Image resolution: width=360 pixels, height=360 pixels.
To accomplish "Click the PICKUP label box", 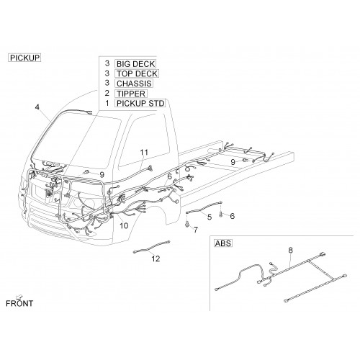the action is [24, 58].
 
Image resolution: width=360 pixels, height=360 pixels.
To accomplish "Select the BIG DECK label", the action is [135, 64].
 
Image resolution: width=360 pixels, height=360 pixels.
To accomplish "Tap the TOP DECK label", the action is [137, 73].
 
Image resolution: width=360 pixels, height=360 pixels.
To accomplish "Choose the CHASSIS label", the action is [134, 84].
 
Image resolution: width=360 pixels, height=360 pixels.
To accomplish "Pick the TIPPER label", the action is [131, 94].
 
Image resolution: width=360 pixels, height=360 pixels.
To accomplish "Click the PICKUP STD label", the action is [140, 103].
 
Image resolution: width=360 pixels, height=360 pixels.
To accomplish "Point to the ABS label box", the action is [223, 243].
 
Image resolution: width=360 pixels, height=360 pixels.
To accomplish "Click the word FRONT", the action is [19, 303].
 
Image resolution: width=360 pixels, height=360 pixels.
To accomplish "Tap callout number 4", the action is [37, 107].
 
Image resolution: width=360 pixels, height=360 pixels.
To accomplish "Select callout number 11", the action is [144, 153].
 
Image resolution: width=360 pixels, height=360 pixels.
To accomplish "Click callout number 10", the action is [124, 225].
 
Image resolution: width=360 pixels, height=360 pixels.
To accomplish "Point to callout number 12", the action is [156, 258].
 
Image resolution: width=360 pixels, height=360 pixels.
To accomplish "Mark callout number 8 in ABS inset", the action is [291, 251].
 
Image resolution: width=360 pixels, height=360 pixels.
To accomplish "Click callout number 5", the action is [210, 217].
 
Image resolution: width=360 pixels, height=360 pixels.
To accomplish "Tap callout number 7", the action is [196, 230].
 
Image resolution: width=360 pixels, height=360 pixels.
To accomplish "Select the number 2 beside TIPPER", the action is [107, 93].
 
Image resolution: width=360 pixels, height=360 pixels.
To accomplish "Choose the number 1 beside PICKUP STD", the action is [107, 103].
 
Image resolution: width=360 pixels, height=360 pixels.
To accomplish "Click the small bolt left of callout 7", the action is [187, 224].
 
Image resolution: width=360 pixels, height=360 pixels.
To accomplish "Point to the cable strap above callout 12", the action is [151, 246].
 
